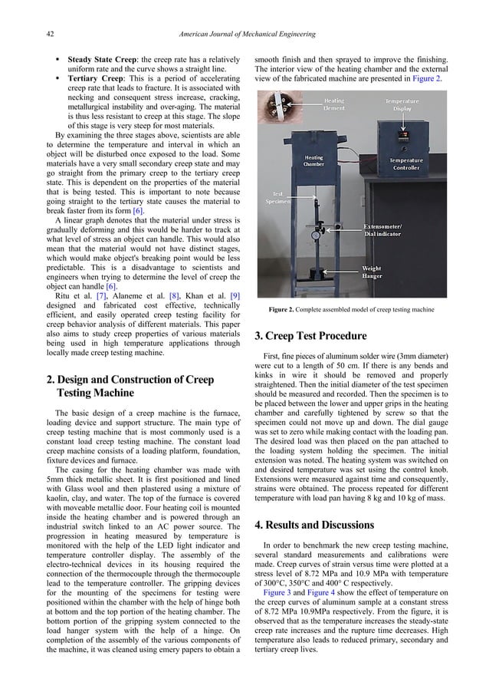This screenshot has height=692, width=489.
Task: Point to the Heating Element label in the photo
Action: click(333, 104)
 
